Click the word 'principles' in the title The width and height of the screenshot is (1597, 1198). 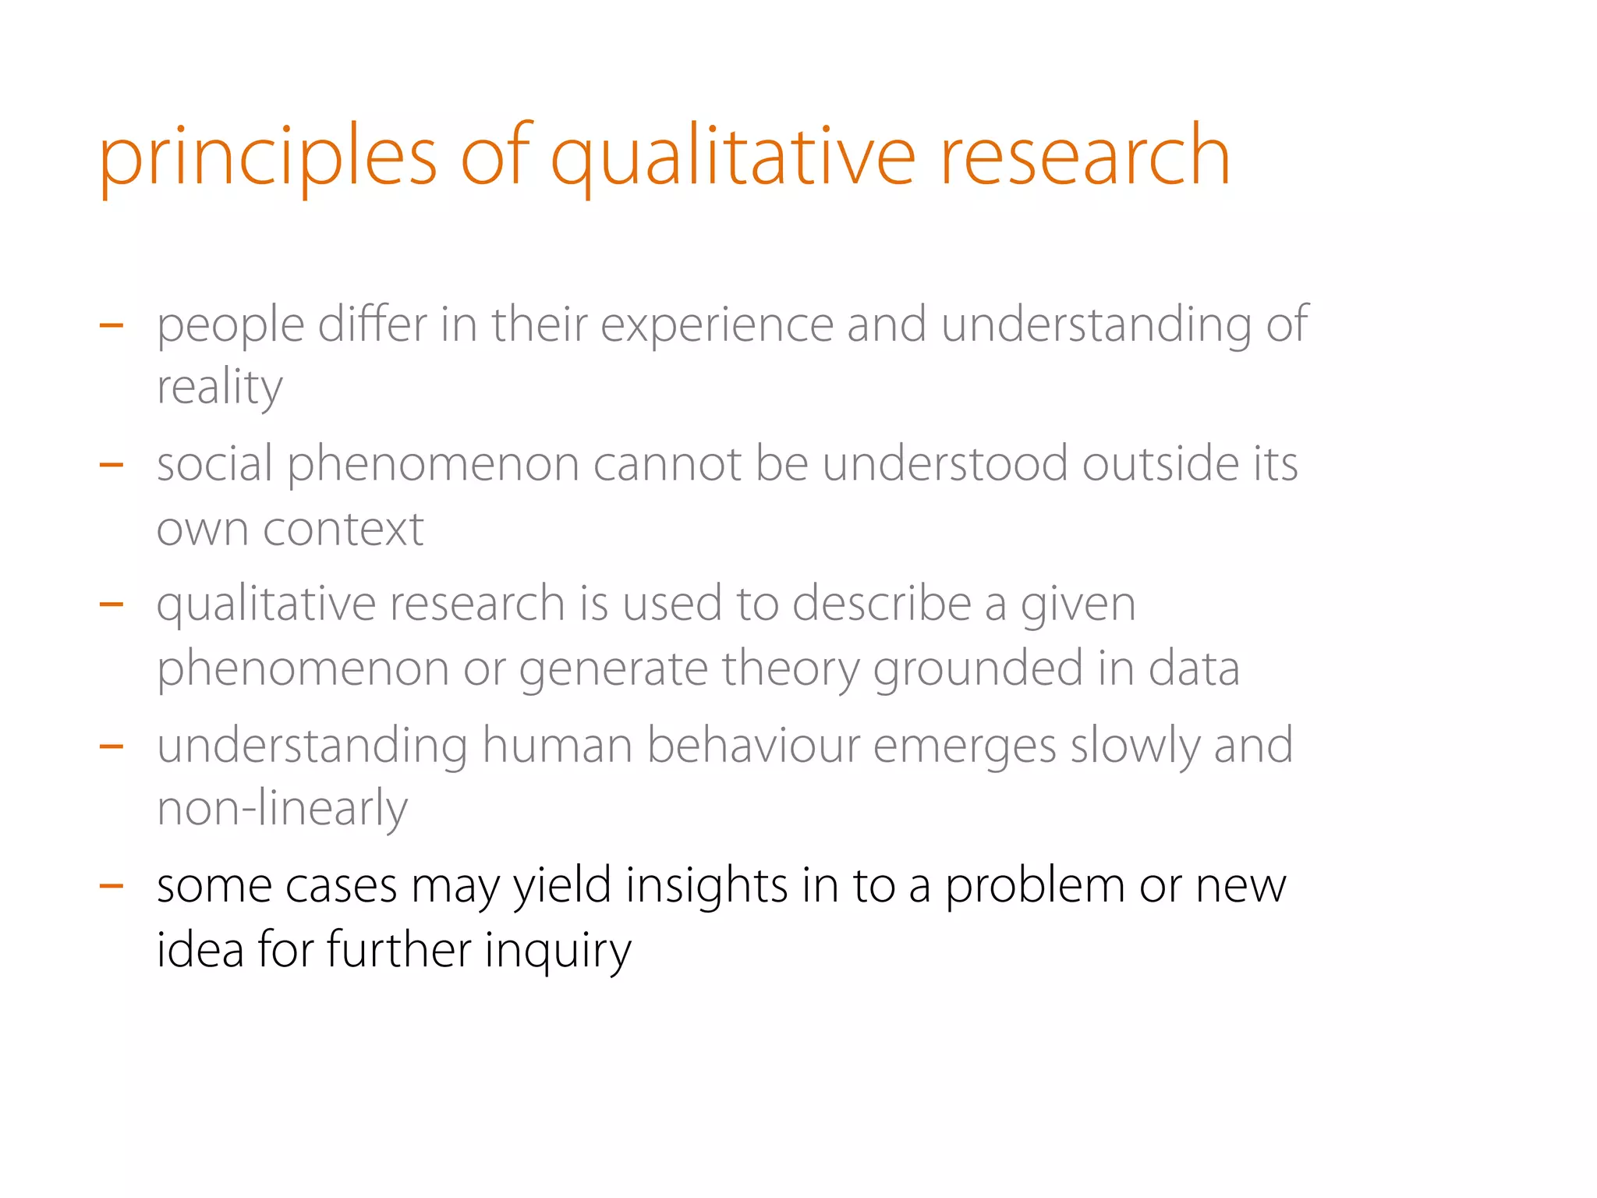click(x=267, y=158)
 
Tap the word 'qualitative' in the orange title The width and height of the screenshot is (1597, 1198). click(x=732, y=158)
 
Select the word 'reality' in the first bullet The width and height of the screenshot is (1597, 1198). click(x=219, y=388)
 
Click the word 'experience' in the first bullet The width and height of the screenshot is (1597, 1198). click(x=717, y=324)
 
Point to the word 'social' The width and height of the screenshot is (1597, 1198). click(x=214, y=464)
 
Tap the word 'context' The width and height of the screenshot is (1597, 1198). click(x=343, y=530)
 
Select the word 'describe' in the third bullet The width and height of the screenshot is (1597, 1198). click(x=881, y=604)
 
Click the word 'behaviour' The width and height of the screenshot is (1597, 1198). click(x=753, y=745)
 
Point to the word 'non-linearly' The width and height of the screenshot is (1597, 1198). click(x=282, y=809)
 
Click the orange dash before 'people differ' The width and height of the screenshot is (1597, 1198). click(x=112, y=325)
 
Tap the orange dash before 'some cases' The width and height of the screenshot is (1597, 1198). click(x=112, y=886)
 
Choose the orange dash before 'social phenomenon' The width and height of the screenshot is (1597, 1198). click(x=112, y=466)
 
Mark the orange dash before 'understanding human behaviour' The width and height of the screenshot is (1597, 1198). click(x=112, y=746)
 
